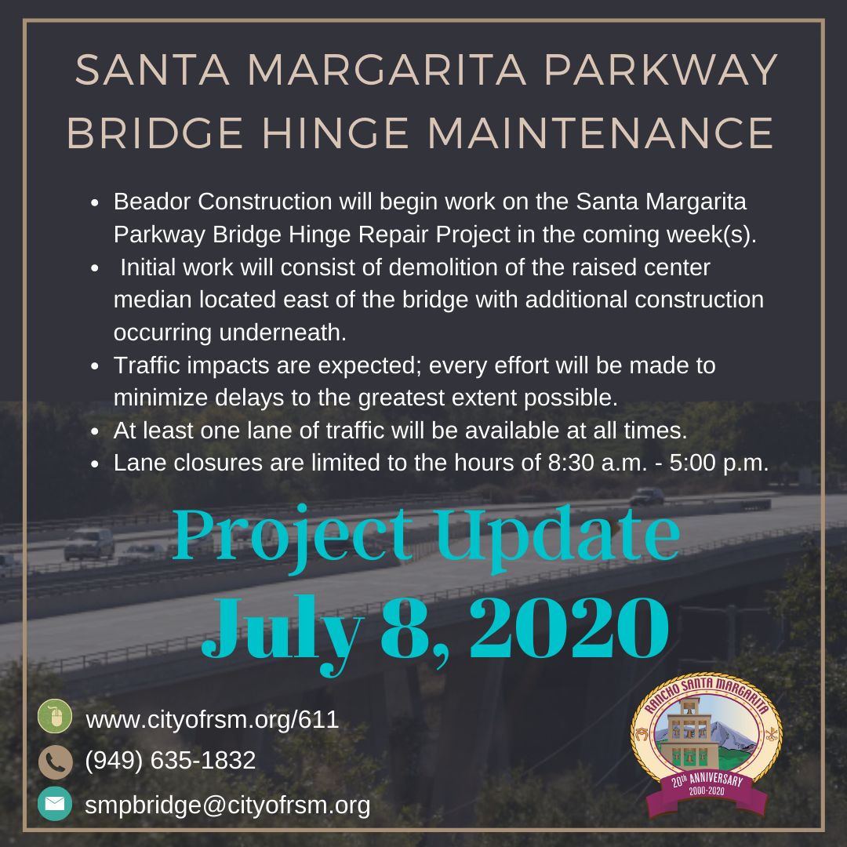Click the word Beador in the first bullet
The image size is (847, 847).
click(153, 202)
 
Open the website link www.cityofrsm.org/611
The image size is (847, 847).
click(212, 719)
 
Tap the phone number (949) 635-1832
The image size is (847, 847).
click(170, 760)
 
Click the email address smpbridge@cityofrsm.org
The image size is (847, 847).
click(227, 805)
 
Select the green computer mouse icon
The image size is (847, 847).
click(55, 717)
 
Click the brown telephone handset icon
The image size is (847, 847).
click(55, 761)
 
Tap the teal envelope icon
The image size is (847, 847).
click(55, 804)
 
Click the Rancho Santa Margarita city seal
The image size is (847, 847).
click(706, 737)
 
